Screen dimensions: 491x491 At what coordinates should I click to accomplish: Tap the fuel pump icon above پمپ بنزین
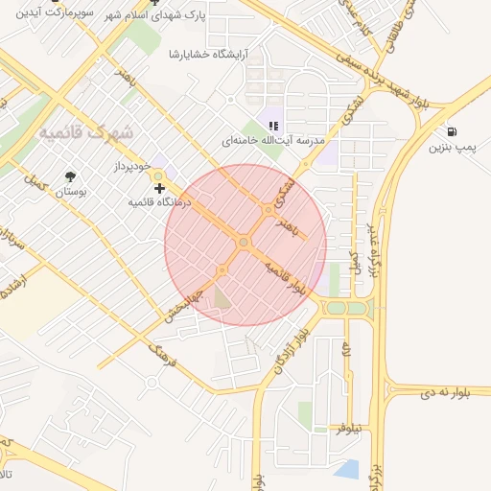point(452,131)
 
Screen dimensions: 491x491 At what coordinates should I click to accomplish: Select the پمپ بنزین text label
point(451,148)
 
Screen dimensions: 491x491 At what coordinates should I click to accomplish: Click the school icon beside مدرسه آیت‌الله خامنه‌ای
point(273,125)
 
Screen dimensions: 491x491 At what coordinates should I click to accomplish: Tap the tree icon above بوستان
point(70,176)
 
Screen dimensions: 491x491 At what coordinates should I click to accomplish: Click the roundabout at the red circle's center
point(244,244)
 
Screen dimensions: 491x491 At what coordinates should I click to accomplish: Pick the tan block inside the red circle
point(222,298)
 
